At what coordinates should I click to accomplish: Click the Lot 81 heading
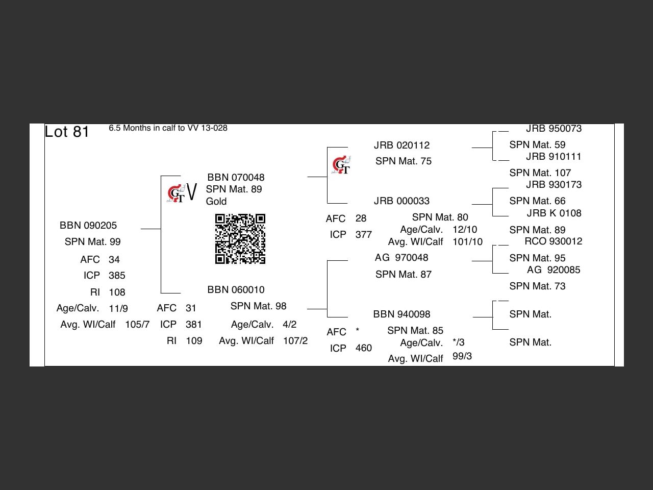point(67,132)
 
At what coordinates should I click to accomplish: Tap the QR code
point(240,239)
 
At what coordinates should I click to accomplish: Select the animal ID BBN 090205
point(88,225)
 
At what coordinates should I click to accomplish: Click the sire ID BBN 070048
point(236,177)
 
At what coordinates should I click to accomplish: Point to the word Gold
point(216,202)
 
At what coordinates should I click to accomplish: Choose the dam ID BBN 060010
point(236,289)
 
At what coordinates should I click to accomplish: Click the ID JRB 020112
point(401,145)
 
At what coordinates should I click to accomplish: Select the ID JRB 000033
point(401,201)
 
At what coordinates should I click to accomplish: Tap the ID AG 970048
point(401,258)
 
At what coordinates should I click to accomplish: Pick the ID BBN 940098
point(401,314)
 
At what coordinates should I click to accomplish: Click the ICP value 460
point(363,348)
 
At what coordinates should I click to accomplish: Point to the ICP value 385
point(117,276)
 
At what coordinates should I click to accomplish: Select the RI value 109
point(194,341)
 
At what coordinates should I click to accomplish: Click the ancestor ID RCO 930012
point(553,241)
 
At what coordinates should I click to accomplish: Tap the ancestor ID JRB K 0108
point(554,213)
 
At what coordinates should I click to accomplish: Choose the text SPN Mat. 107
point(540,173)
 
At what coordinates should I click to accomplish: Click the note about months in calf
point(168,128)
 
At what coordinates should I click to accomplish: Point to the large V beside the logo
point(192,193)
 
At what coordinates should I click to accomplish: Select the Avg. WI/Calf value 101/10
point(467,242)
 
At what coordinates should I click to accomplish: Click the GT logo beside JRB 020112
point(341,165)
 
